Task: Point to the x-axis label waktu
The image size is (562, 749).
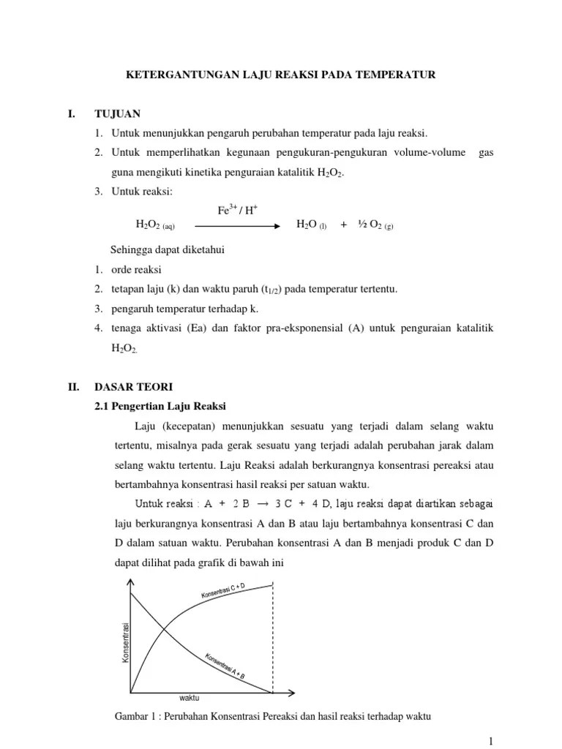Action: coord(190,698)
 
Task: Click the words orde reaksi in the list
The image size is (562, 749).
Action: coord(138,270)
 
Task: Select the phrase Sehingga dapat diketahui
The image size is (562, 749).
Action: coord(167,250)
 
